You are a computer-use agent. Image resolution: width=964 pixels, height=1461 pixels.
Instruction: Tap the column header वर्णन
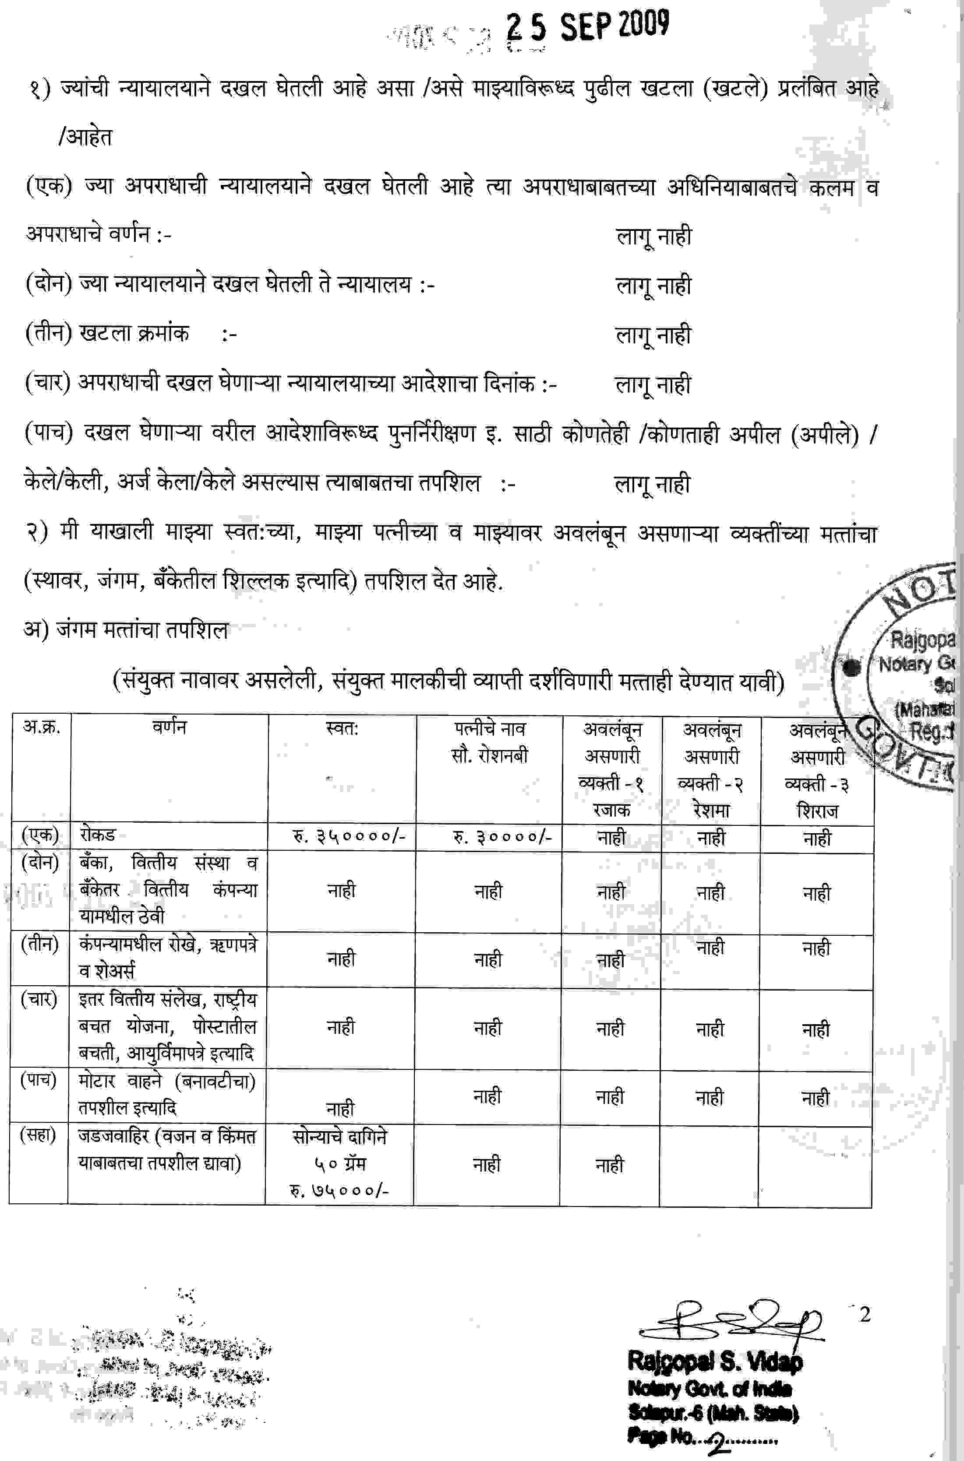169,727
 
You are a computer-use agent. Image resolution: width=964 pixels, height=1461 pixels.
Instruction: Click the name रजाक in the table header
612,810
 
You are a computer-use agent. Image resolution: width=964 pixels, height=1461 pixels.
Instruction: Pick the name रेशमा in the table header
711,810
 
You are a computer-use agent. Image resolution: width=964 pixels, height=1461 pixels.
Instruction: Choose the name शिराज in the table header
817,811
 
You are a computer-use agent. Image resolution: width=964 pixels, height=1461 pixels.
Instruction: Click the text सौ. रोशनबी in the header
489,756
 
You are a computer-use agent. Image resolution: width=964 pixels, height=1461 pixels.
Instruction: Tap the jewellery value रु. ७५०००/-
339,1190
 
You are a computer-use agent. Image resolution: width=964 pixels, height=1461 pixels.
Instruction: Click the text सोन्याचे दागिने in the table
339,1137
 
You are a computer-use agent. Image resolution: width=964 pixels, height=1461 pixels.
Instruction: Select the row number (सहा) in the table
38,1135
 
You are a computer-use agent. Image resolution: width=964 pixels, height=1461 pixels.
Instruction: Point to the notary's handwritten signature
731,1321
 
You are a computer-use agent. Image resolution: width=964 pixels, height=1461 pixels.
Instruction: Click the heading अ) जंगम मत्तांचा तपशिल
126,630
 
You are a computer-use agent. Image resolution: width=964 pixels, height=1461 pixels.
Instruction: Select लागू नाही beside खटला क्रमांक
653,335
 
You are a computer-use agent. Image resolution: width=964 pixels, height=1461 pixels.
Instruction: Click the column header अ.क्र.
41,727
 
